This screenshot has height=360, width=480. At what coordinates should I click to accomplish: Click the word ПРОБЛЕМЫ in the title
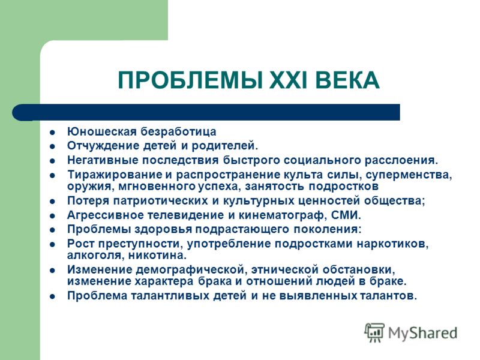pos(190,80)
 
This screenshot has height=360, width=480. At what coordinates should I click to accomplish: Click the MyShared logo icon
pos(374,332)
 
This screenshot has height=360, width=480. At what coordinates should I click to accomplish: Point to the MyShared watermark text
pos(423,334)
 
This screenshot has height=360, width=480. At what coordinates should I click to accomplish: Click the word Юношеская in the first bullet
pos(101,131)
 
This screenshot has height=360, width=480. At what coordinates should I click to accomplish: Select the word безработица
pos(178,131)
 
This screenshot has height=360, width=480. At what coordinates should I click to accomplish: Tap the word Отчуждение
pos(103,146)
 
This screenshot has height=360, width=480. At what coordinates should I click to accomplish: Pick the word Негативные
pos(103,160)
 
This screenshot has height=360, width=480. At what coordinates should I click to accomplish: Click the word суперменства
pos(409,175)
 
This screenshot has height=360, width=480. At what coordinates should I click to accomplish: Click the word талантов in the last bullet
pos(386,296)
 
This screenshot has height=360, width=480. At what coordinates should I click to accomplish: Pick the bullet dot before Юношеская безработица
pos(53,133)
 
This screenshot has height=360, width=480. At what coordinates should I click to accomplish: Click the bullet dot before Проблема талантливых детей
pos(53,296)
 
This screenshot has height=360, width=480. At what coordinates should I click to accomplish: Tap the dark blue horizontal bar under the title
pos(206,112)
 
